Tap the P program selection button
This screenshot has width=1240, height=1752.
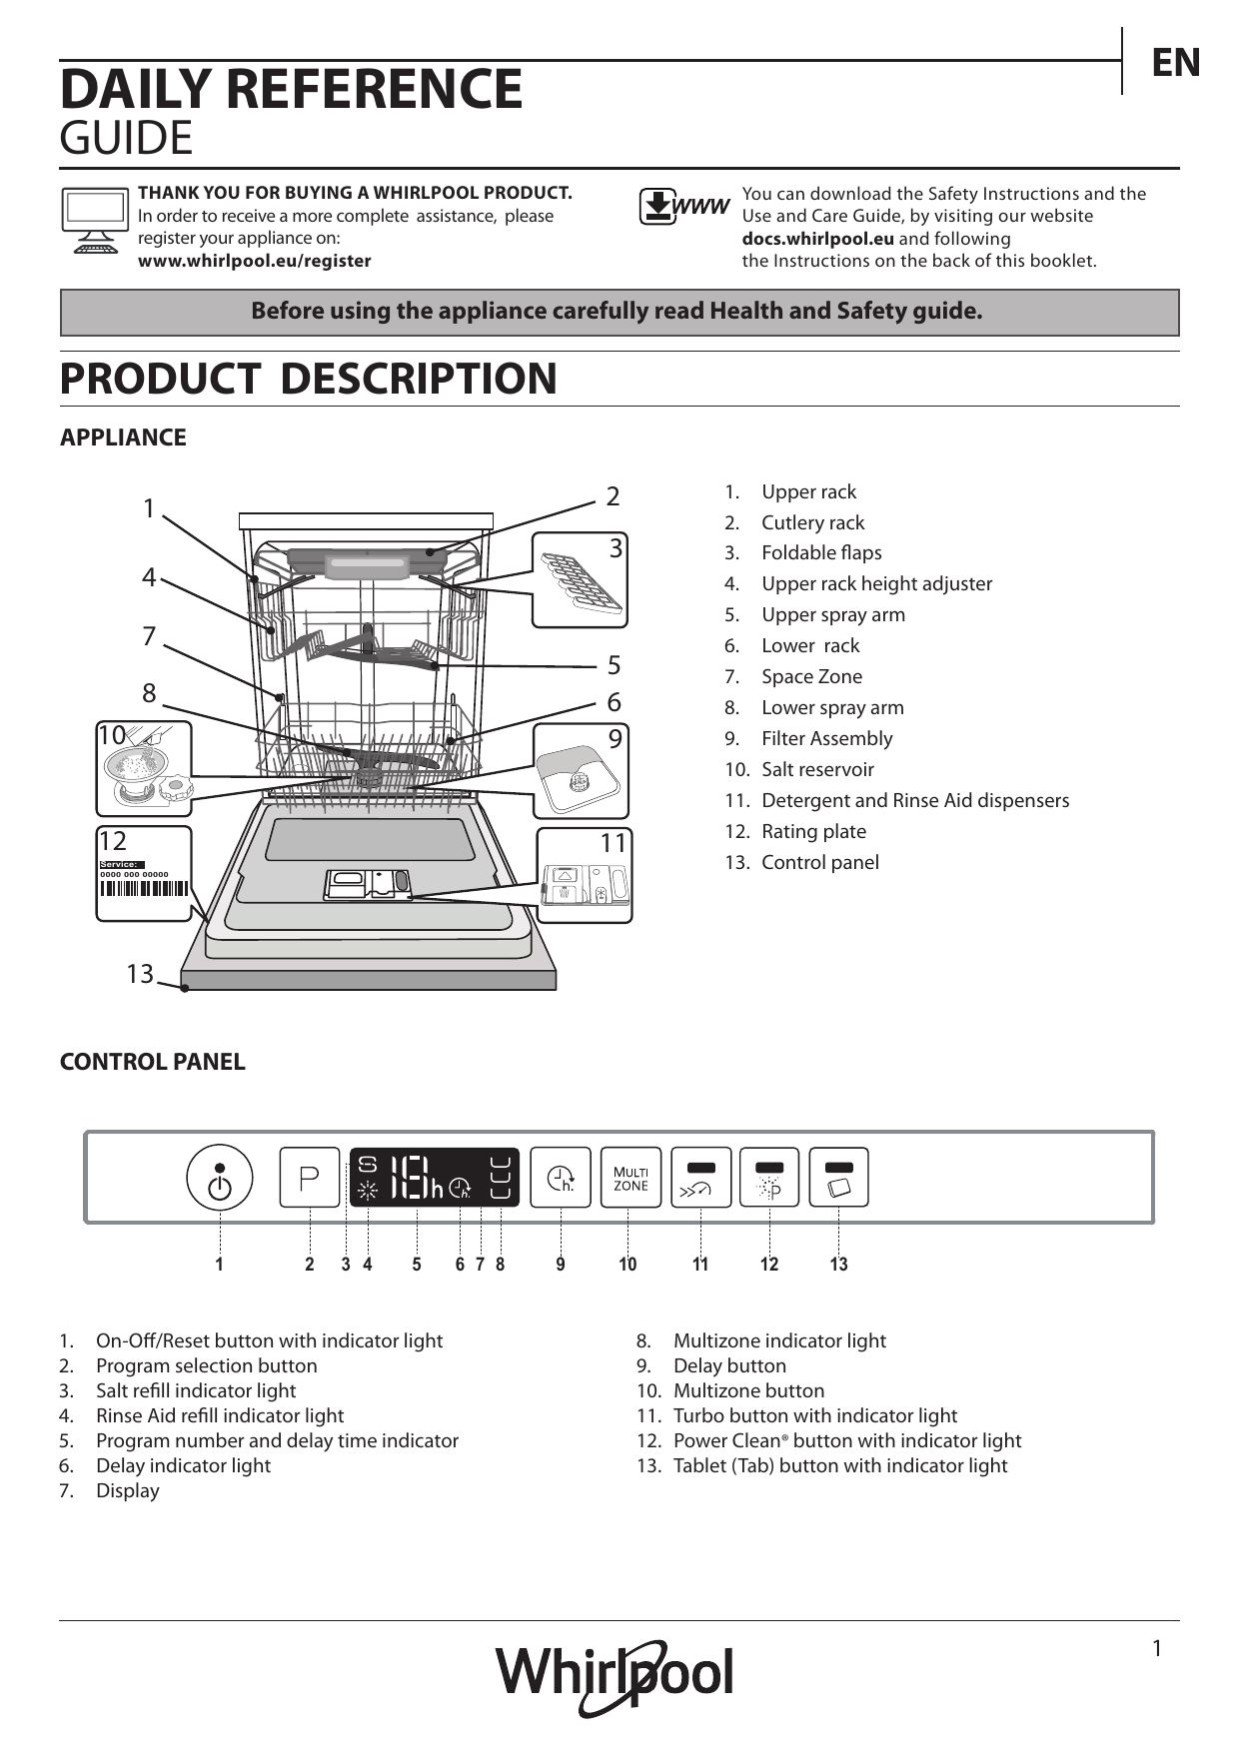[x=310, y=1178]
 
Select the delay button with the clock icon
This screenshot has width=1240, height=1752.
[x=561, y=1178]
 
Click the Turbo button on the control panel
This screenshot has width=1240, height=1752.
[x=700, y=1178]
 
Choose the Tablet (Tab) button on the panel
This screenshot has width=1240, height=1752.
[x=838, y=1178]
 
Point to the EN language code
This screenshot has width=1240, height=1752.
[x=1175, y=63]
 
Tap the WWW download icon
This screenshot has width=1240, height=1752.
[x=684, y=207]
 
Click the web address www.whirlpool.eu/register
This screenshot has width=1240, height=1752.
[x=254, y=261]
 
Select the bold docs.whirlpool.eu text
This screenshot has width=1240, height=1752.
[x=817, y=239]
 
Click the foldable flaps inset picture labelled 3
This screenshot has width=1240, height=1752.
[x=580, y=579]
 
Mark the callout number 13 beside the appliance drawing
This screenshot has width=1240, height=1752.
[x=140, y=973]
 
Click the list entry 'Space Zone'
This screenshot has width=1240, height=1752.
[x=811, y=676]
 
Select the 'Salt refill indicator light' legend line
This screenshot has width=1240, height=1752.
[x=196, y=1390]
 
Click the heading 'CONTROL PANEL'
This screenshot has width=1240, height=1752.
[x=152, y=1062]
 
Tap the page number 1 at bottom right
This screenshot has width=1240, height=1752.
[x=1157, y=1649]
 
